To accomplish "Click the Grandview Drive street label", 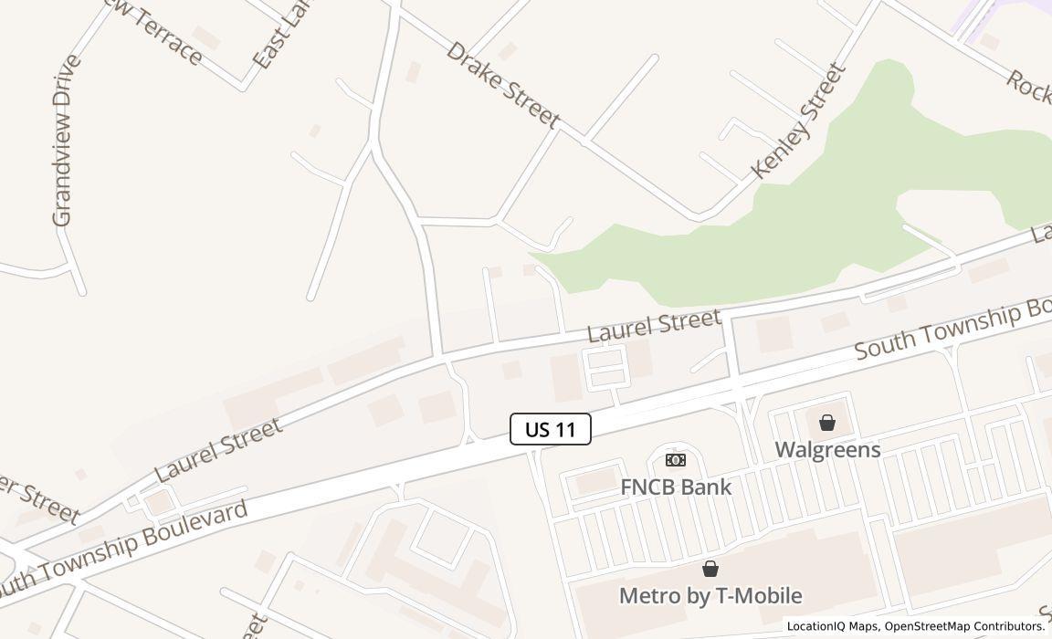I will pos(62,141).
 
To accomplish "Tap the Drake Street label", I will pos(502,84).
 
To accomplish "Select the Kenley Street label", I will pos(797,120).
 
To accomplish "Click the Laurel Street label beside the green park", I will pos(654,325).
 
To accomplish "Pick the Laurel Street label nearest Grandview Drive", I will pos(218,450).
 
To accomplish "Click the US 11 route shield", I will pos(551,429).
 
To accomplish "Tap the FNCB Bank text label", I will pos(676,487).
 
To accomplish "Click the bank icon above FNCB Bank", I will pos(676,460).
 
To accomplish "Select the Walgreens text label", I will pos(827,449).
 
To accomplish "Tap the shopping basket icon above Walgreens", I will pos(827,423).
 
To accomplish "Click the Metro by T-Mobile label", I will pos(710,595).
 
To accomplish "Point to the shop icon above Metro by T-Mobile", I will pos(710,570).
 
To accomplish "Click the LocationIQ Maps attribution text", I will pos(831,626).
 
